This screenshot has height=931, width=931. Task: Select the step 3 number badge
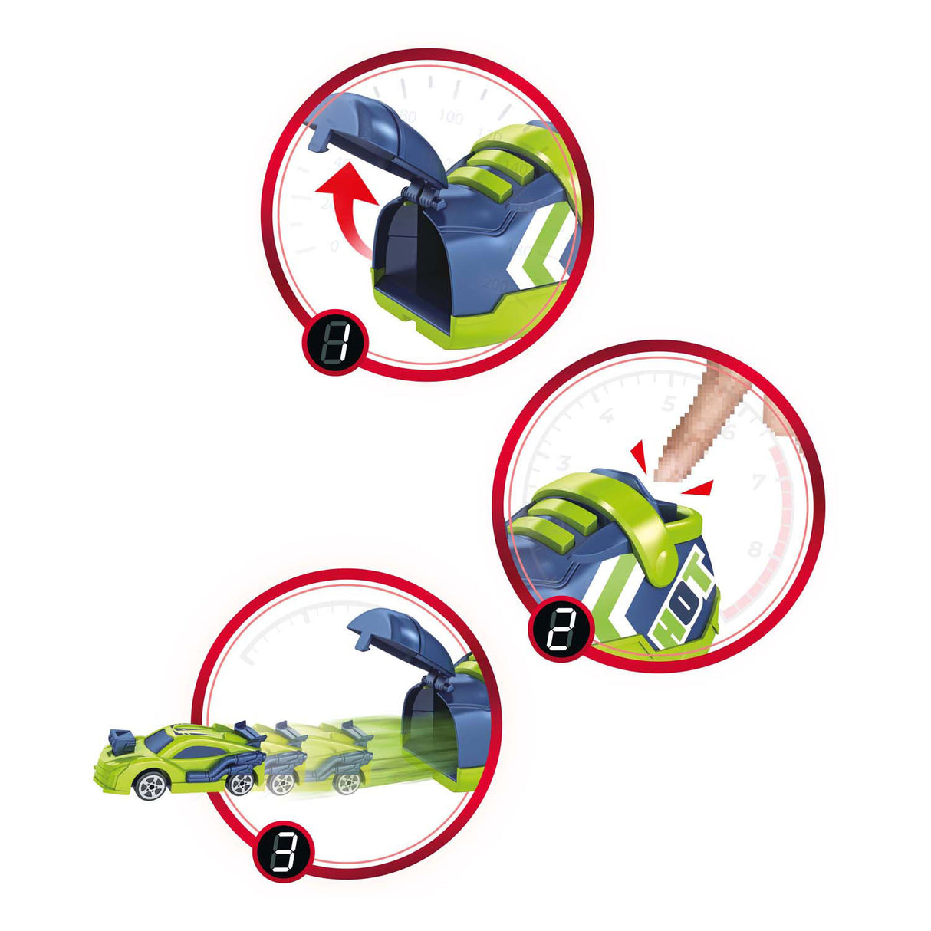point(285,853)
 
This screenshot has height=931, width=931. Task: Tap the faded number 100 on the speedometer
point(450,118)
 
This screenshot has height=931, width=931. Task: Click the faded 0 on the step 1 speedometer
point(334,246)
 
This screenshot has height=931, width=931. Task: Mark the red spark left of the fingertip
point(642,458)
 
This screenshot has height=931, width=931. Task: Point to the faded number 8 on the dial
point(755,549)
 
